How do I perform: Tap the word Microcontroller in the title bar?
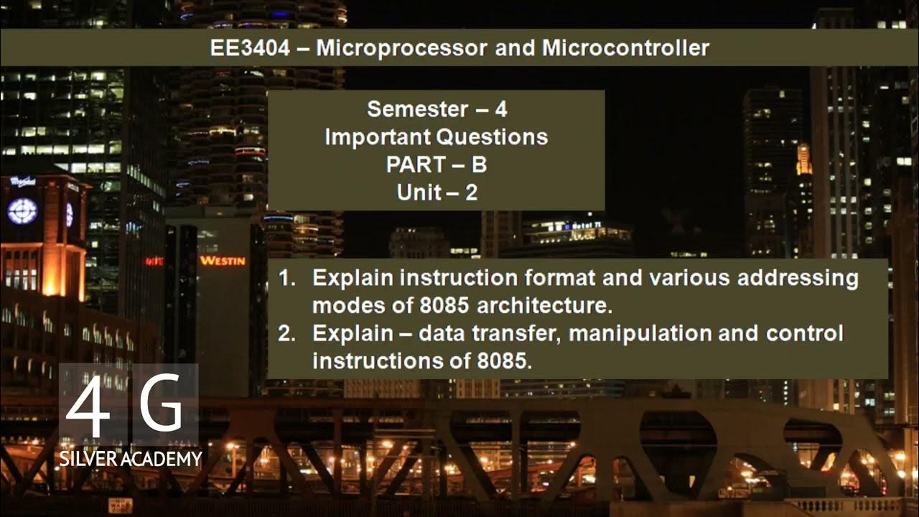coord(625,48)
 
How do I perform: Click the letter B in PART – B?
coord(479,164)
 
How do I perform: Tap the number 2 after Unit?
coord(471,192)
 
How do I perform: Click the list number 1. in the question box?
coord(287,279)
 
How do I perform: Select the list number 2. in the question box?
coord(287,334)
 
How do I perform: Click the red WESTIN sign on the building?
coord(222,261)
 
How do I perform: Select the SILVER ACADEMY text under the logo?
coord(131,459)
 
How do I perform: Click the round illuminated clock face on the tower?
coord(22,211)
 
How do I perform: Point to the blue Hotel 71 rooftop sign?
coord(585,225)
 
